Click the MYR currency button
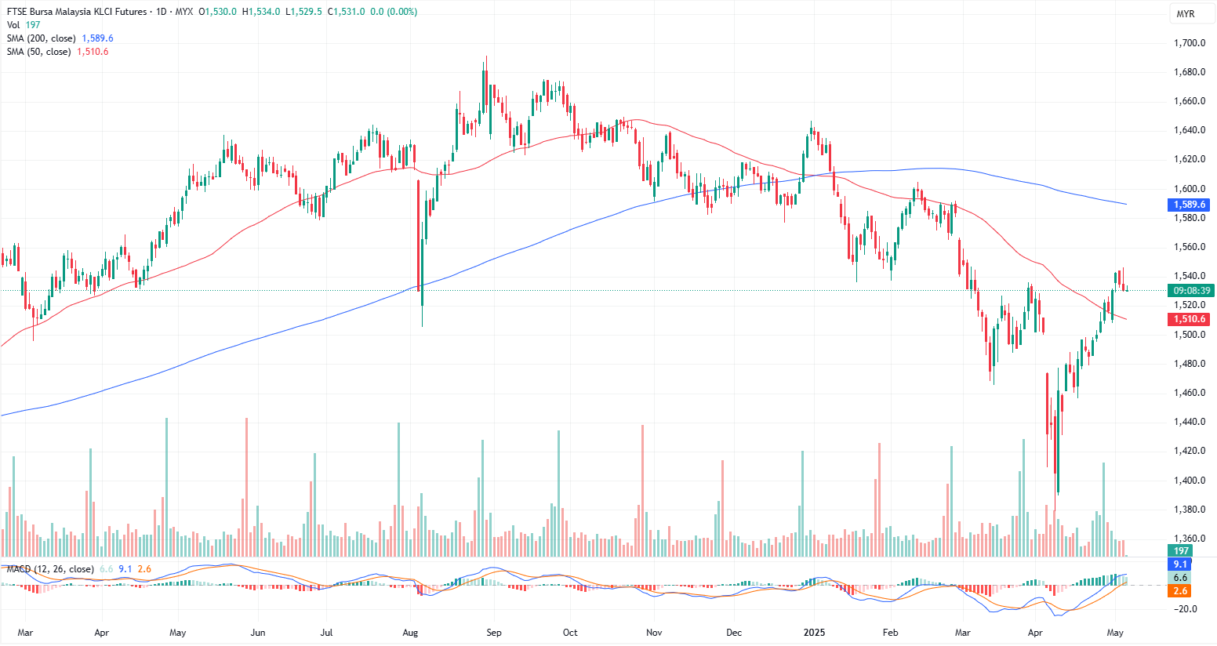(x=1186, y=14)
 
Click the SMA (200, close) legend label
(x=42, y=38)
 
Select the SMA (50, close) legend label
(x=38, y=52)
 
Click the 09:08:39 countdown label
(x=1190, y=291)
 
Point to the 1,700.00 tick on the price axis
(x=1190, y=43)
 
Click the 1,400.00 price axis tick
(x=1190, y=481)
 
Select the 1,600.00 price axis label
(x=1190, y=189)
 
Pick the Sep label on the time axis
(x=493, y=633)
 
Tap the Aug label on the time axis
(x=410, y=633)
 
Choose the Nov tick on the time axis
(x=654, y=633)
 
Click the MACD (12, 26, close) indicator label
(x=50, y=569)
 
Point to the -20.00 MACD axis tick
(x=1186, y=609)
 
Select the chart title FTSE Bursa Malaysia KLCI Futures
(x=77, y=12)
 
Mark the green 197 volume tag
(x=1181, y=551)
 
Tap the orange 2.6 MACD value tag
(x=1180, y=591)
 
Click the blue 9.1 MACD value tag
(x=1180, y=564)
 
